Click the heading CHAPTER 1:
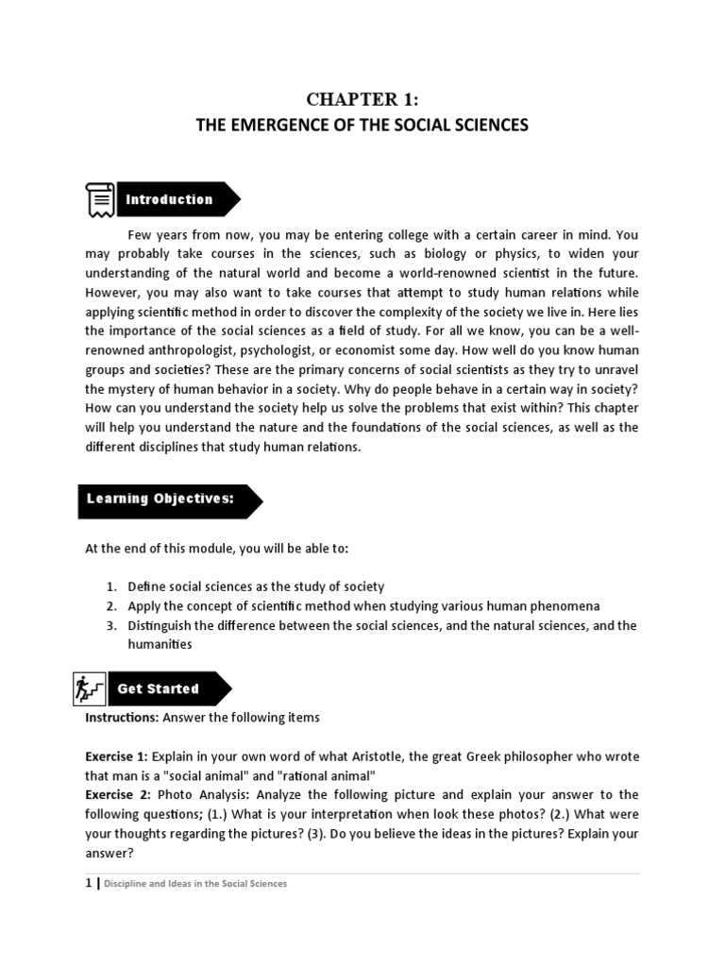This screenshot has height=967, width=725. point(362,101)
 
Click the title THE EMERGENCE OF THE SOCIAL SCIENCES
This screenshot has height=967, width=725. point(362,126)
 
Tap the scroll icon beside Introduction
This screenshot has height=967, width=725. point(97,200)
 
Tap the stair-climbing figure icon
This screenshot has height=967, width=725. point(88,689)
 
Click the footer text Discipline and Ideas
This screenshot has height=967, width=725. point(151,885)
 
